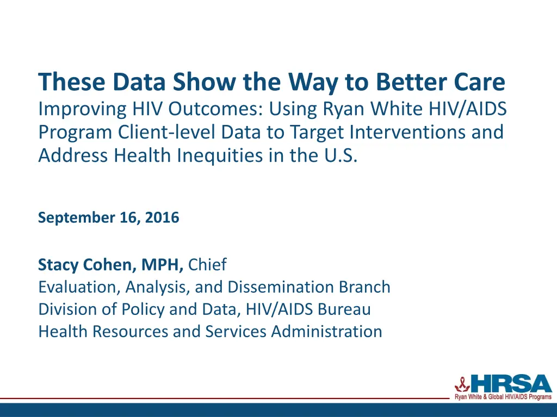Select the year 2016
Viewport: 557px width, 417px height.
162,218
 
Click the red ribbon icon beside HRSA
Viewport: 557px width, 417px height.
459,384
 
